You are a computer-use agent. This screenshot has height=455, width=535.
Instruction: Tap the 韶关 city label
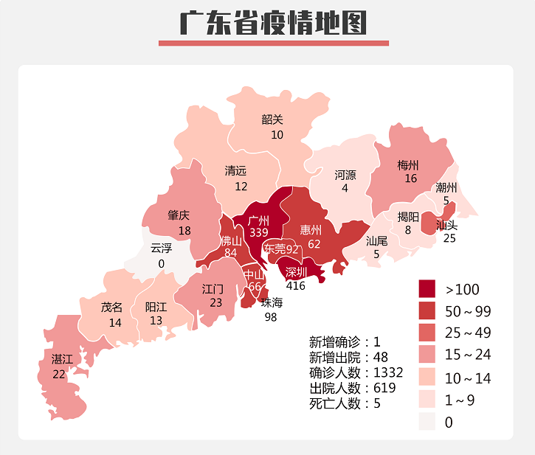pos(272,119)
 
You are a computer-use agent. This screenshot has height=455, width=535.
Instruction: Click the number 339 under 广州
pos(259,232)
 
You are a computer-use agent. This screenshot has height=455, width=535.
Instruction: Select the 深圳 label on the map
pos(297,272)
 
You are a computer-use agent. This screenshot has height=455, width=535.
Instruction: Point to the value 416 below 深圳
pos(296,285)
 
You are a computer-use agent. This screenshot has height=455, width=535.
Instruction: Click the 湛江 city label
pos(62,359)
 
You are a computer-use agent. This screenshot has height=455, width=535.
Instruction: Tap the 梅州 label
pos(408,165)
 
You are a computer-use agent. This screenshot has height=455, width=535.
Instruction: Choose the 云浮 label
pos(161,248)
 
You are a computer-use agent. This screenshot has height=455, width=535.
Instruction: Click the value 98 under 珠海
pos(272,316)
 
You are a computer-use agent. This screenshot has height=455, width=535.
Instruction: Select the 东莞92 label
pos(282,249)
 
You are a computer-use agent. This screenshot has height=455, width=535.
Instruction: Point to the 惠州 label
pos(311,230)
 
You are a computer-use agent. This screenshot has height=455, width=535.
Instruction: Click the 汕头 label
pos(447,224)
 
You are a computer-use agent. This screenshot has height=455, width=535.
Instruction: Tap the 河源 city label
pos(345,176)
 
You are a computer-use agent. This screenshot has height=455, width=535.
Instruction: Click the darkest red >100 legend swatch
pos(428,288)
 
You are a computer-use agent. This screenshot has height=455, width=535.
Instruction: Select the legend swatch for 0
pos(428,422)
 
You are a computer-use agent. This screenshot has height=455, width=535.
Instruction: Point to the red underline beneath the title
pos(273,44)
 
